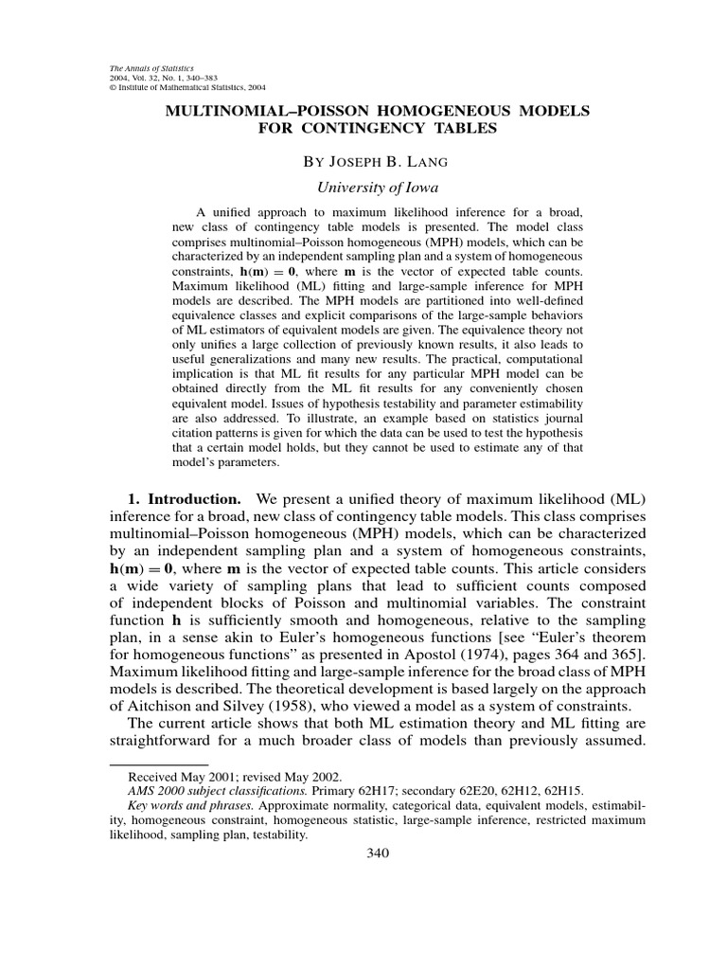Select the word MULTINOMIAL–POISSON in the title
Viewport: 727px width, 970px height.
(249, 111)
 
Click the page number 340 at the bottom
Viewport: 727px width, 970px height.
(378, 853)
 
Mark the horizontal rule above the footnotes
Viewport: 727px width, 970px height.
(159, 763)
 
